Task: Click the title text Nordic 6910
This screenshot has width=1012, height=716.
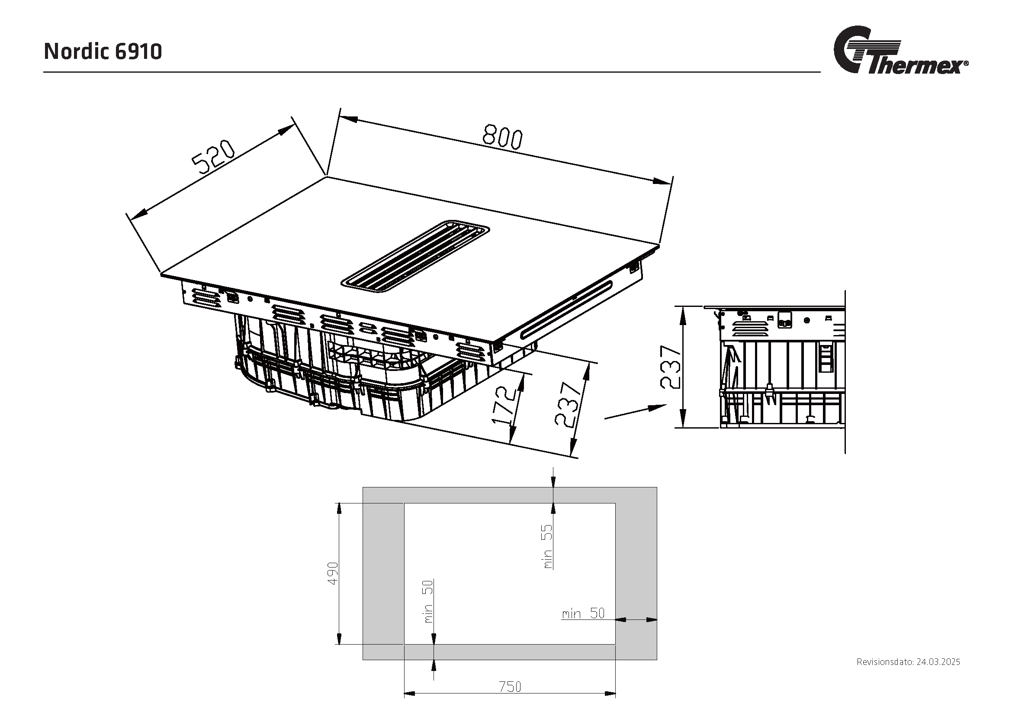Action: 103,52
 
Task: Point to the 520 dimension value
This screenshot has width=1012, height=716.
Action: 213,157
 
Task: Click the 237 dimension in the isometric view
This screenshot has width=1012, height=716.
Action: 567,404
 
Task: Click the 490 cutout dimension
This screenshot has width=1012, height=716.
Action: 333,573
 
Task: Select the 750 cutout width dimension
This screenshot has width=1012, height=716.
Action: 510,687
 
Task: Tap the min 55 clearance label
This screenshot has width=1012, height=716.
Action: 547,546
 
